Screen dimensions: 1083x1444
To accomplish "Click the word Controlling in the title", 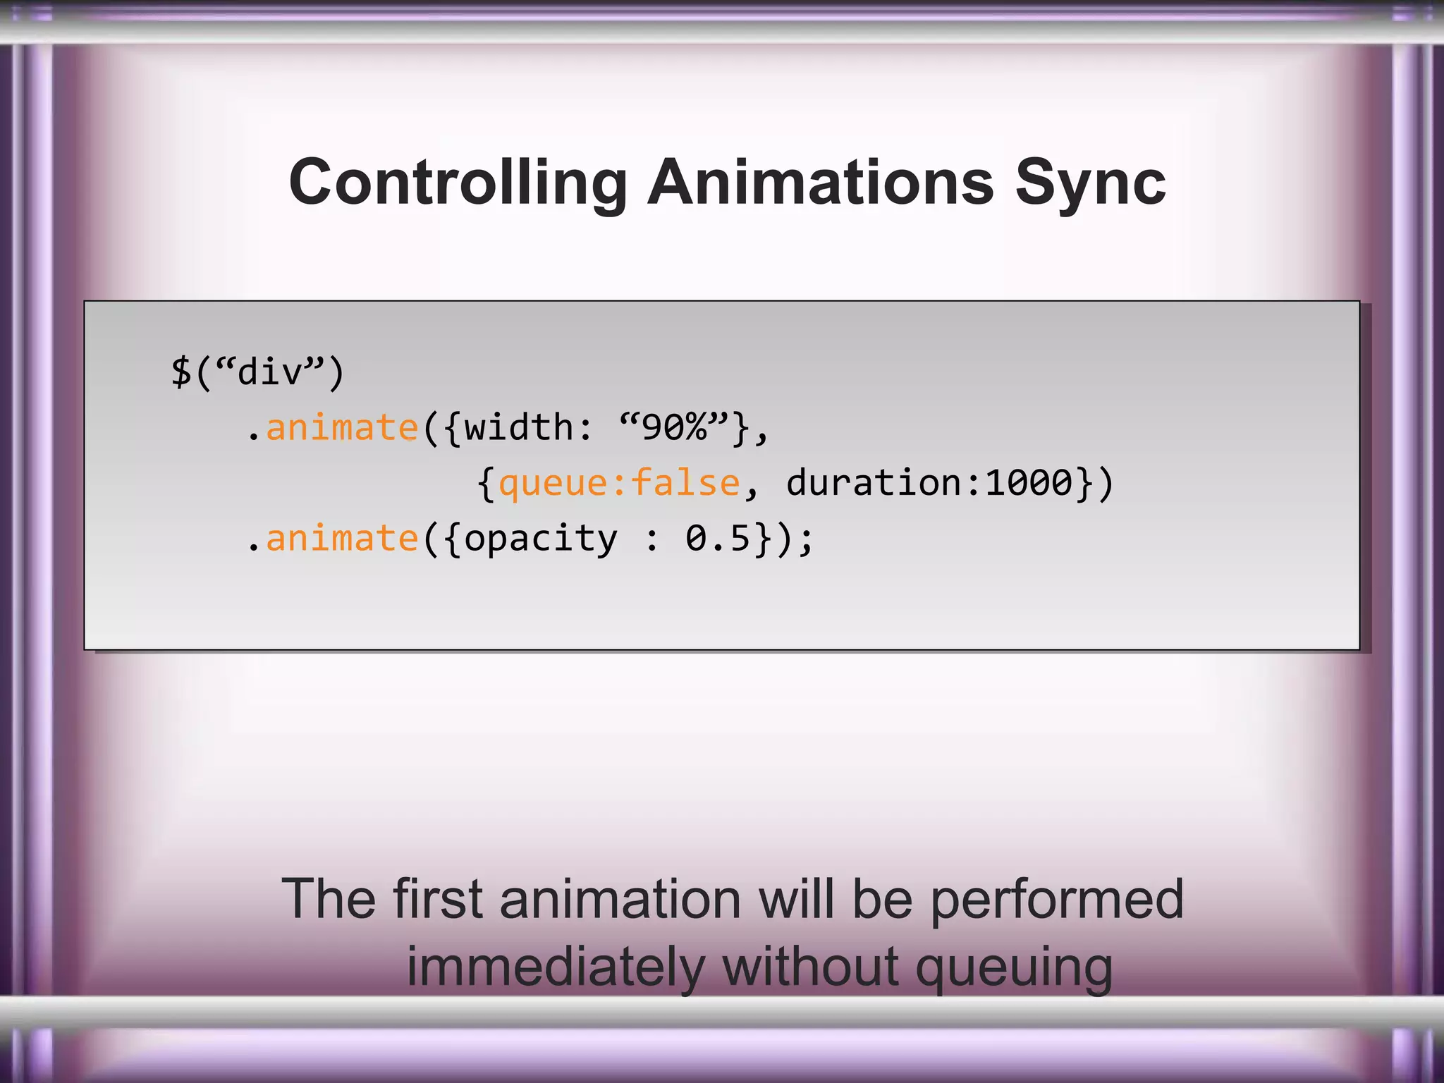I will [458, 183].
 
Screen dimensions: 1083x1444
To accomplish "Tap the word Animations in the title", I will [820, 183].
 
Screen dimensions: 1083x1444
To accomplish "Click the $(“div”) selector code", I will [257, 372].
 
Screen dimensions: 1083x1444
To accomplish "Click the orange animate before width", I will [342, 428].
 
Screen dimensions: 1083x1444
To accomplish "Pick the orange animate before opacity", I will [342, 539].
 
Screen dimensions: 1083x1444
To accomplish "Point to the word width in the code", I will [519, 428].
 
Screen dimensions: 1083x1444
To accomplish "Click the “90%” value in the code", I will [673, 428].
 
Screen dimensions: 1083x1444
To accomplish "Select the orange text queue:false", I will [619, 484].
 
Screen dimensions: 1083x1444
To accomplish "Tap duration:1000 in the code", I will [929, 484].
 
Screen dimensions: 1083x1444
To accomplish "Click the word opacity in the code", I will [540, 540].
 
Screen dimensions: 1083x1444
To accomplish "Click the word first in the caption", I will [437, 899].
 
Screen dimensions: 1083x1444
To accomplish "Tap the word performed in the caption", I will [1056, 900].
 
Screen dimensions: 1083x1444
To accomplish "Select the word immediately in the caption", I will [555, 967].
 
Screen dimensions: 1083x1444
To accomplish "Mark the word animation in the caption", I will [620, 899].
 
